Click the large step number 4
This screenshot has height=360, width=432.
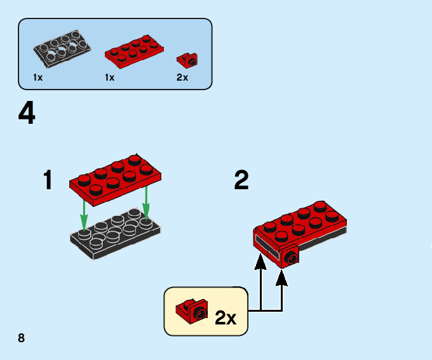pos(27,114)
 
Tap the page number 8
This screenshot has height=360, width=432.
pos(22,337)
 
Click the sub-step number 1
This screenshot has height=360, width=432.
pos(48,181)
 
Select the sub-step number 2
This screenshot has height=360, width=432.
pos(241,181)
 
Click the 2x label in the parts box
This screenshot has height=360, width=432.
pos(182,77)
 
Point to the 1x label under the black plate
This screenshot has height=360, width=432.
pos(38,77)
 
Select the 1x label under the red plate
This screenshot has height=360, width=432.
pos(109,77)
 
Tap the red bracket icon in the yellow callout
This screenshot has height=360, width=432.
pos(191,310)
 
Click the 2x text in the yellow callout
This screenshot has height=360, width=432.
pos(225,317)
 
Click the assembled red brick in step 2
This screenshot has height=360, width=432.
pos(299,232)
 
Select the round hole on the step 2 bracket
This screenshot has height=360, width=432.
pos(292,258)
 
